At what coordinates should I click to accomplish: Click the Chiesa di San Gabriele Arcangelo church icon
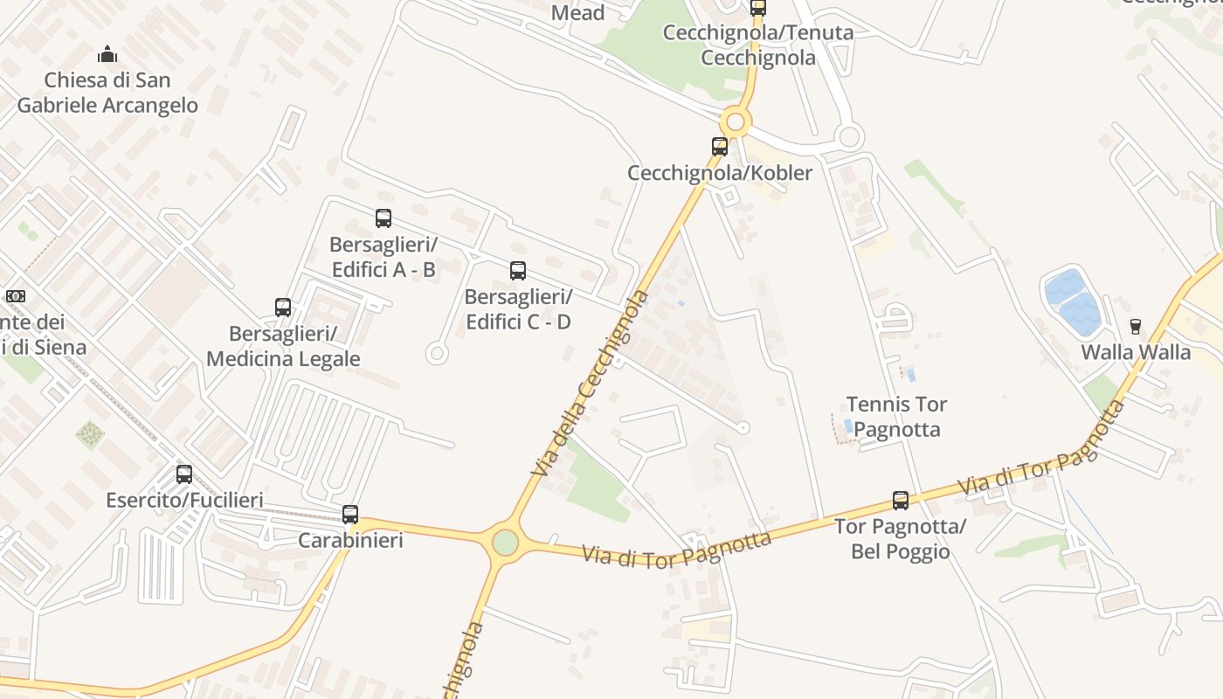tap(107, 55)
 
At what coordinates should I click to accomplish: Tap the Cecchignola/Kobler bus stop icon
tap(720, 147)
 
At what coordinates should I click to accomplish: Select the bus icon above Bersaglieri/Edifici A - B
tap(383, 218)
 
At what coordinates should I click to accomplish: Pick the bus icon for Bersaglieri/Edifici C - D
tap(518, 271)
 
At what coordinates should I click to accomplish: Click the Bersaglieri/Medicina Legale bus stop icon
tap(283, 308)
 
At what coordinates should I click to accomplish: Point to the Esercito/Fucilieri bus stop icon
tap(184, 474)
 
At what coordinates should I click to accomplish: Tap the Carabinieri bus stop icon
tap(350, 515)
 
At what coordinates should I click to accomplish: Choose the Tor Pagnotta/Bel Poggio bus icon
tap(901, 501)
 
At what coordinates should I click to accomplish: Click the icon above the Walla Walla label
tap(1136, 327)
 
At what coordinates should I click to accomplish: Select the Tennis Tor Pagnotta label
tap(896, 417)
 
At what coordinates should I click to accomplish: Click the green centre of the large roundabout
tap(505, 543)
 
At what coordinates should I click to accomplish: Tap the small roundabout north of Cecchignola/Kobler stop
tap(736, 121)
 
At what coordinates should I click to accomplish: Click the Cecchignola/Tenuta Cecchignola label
tap(758, 45)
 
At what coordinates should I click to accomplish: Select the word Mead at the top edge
tap(577, 12)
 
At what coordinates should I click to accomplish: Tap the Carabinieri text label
tap(350, 540)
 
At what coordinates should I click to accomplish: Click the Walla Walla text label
tap(1136, 352)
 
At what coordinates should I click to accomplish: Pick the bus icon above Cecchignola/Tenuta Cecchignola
tap(758, 8)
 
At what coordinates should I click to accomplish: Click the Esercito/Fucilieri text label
tap(184, 500)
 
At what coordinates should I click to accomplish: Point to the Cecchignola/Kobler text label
tap(720, 172)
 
